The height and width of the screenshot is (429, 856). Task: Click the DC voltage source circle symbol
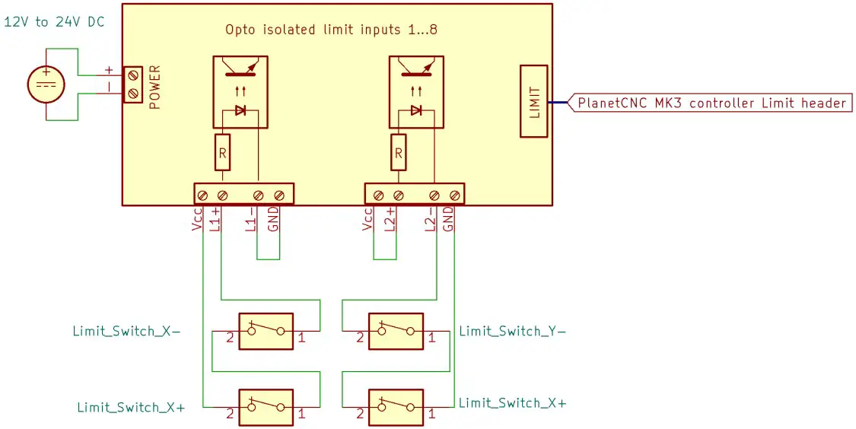46,84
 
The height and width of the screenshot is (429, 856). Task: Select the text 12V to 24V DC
54,22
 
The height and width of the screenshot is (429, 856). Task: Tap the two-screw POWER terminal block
133,84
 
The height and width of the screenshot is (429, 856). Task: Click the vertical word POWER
155,87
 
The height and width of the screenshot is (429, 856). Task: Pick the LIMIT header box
533,101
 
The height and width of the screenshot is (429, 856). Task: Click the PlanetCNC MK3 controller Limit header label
711,103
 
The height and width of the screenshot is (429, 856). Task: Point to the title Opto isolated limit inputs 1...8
331,30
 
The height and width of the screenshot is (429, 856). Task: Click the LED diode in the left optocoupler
241,110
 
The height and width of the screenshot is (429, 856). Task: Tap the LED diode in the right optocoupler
415,110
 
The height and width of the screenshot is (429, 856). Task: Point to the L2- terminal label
429,219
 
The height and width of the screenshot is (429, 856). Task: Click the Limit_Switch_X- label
126,331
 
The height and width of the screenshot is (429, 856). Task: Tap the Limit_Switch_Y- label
512,331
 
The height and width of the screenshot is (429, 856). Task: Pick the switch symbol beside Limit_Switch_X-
266,332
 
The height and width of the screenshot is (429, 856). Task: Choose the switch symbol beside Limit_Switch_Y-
395,332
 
